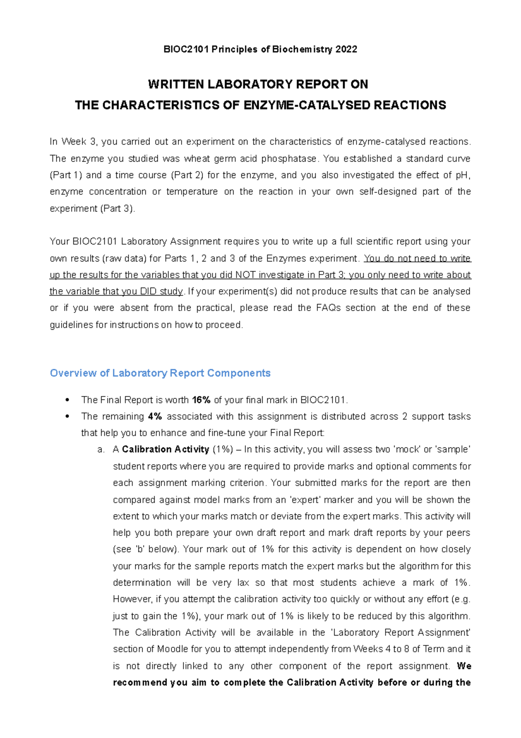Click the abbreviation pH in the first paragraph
pyautogui.click(x=462, y=175)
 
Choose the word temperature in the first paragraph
pyautogui.click(x=192, y=192)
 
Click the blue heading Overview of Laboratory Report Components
pyautogui.click(x=160, y=373)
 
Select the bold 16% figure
pyautogui.click(x=201, y=400)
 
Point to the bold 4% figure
pyautogui.click(x=155, y=417)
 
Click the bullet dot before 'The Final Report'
pyautogui.click(x=67, y=400)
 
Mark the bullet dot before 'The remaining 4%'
pyautogui.click(x=67, y=417)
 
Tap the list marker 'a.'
pyautogui.click(x=101, y=450)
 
